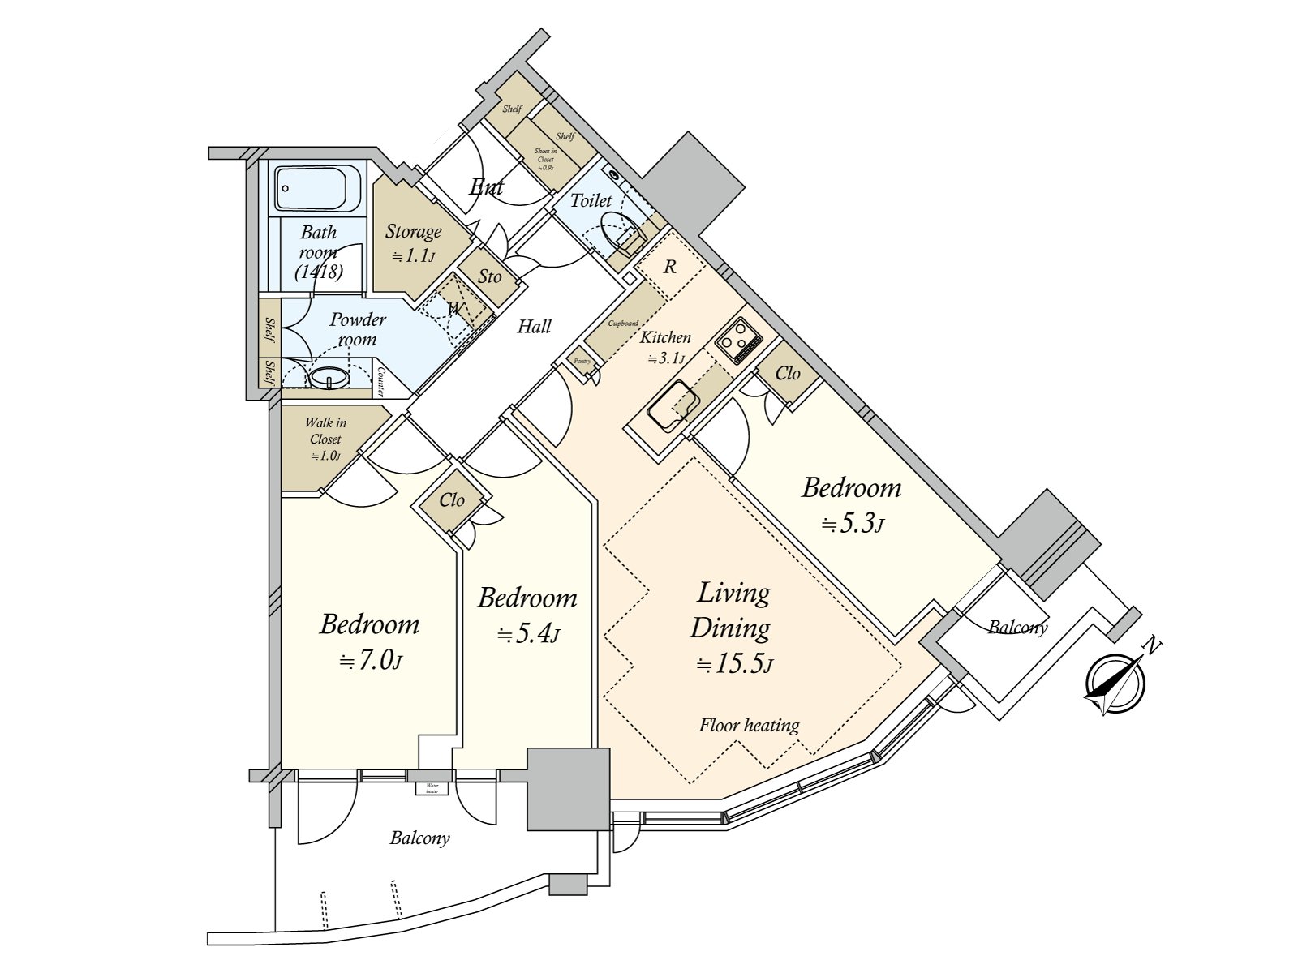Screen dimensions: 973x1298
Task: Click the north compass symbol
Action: pyautogui.click(x=1115, y=683)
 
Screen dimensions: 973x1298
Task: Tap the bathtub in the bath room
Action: pyautogui.click(x=316, y=189)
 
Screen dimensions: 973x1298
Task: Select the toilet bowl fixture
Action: pyautogui.click(x=623, y=234)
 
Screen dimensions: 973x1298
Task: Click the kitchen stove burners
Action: pyautogui.click(x=737, y=341)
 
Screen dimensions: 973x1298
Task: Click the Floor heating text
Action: pyautogui.click(x=749, y=725)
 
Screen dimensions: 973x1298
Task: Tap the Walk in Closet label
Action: pyautogui.click(x=325, y=439)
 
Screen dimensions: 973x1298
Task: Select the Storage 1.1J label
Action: pyautogui.click(x=413, y=242)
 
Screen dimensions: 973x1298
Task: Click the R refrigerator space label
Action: pyautogui.click(x=669, y=267)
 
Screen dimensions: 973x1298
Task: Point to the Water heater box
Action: pyautogui.click(x=432, y=787)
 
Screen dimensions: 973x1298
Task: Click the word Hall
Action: pyautogui.click(x=534, y=327)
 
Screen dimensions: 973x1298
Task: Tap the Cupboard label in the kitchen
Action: pyautogui.click(x=623, y=323)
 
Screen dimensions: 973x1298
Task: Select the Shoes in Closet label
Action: pyautogui.click(x=545, y=159)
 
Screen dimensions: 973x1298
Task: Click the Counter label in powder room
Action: pyautogui.click(x=380, y=381)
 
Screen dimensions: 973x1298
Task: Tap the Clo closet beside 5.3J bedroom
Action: pyautogui.click(x=787, y=373)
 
